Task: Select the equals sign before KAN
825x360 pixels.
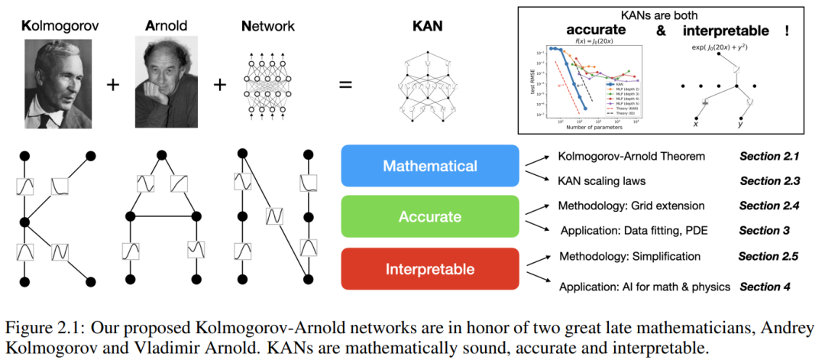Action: pos(345,83)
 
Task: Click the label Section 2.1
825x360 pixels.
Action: pos(768,157)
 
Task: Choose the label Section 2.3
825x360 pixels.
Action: pos(768,181)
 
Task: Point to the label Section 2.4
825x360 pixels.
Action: pos(768,206)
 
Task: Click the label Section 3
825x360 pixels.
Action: pos(762,230)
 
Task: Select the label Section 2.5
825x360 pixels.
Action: pos(768,256)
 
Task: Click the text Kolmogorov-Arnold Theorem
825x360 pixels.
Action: pos(631,157)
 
